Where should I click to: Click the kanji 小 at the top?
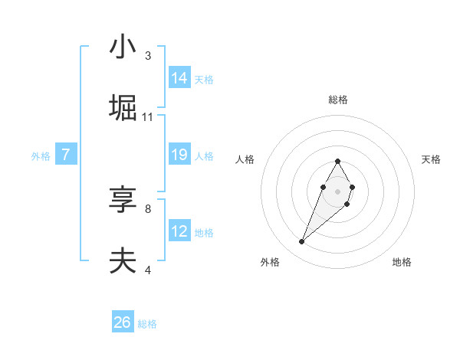tap(123, 47)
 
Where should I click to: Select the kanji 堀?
tap(123, 108)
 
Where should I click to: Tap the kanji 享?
tap(123, 200)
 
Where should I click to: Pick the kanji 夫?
tap(123, 261)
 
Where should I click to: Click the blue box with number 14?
tap(179, 78)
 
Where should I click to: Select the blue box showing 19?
tap(179, 155)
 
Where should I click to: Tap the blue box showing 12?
tap(179, 231)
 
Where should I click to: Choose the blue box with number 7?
tap(66, 155)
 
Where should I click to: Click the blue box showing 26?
tap(123, 322)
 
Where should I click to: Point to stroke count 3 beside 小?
tap(148, 56)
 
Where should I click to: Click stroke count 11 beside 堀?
tap(148, 117)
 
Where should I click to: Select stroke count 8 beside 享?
tap(148, 208)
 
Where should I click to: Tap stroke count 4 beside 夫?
tap(148, 270)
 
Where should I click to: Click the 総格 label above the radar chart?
tap(338, 100)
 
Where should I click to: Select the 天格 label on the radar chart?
tap(431, 159)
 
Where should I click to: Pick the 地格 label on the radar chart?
tap(402, 262)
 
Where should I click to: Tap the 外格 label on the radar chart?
tap(270, 262)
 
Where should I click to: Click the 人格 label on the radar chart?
tap(245, 159)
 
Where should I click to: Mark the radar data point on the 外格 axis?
tap(302, 242)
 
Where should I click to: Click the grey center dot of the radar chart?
tap(338, 191)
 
